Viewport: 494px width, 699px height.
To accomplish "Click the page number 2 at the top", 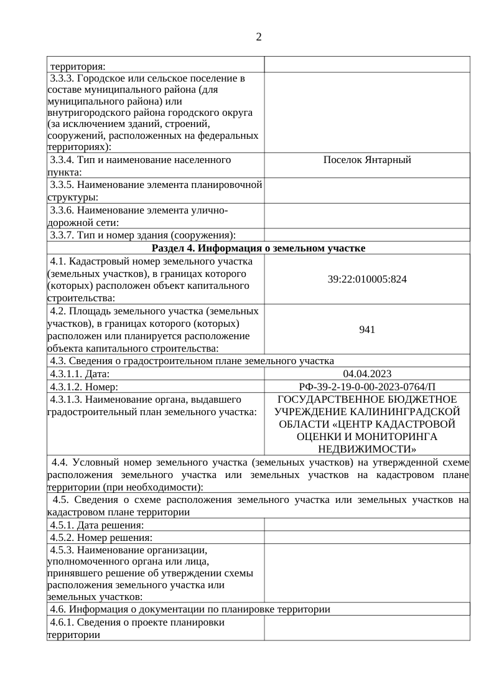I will [258, 37].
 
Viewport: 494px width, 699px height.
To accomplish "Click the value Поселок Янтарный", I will [367, 161].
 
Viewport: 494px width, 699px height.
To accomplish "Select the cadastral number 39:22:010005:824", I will [367, 279].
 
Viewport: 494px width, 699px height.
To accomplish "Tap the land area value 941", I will [367, 329].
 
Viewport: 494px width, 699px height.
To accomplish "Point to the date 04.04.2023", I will [367, 373].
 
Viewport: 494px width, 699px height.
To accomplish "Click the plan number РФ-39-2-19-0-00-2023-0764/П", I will [367, 387].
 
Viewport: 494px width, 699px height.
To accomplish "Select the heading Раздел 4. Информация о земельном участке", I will [258, 248].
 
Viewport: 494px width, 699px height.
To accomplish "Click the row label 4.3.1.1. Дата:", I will [80, 374].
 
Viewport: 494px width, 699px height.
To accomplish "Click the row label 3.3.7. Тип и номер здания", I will [143, 235].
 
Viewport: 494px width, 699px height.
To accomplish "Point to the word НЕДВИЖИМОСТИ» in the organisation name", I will [367, 449].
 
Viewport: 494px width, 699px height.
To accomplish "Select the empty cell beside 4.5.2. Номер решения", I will [367, 538].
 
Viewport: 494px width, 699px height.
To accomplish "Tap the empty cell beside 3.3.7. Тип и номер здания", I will [367, 235].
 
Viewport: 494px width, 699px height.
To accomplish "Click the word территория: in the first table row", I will [78, 65].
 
